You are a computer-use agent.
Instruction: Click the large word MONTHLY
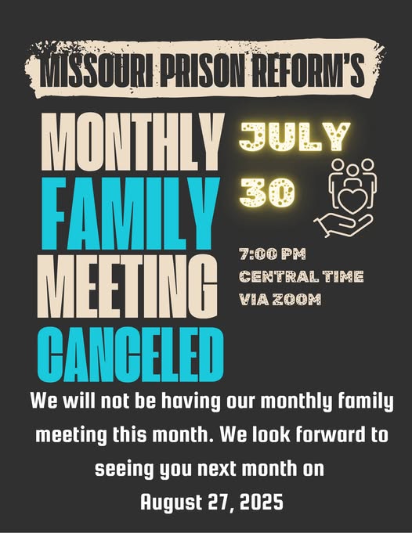(x=132, y=142)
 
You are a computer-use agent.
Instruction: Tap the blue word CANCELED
(x=131, y=355)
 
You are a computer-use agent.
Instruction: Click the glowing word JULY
(x=295, y=136)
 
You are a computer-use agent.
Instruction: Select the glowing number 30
(x=267, y=192)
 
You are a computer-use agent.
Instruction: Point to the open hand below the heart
(x=343, y=225)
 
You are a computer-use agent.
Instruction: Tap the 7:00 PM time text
(x=272, y=254)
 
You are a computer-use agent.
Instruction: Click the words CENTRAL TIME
(x=302, y=276)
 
